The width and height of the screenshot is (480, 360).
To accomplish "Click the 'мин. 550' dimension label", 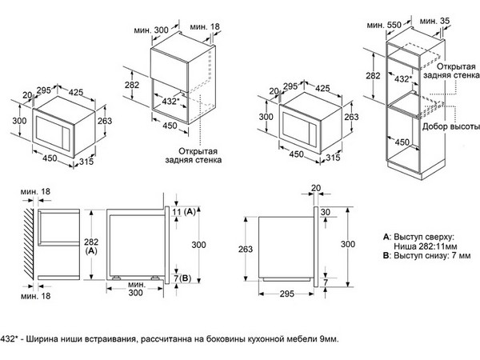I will coord(381,26).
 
